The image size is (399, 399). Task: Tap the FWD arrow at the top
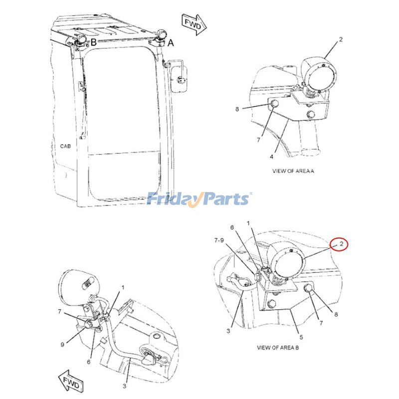[194, 24]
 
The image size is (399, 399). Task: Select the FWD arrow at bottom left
[71, 381]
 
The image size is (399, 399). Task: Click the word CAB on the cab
[65, 146]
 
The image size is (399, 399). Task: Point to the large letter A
[171, 43]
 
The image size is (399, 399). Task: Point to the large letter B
[94, 42]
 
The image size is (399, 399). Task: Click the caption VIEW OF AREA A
[293, 171]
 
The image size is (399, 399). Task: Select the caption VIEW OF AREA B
[278, 347]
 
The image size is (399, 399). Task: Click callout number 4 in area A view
[271, 157]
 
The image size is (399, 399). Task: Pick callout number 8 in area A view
[237, 109]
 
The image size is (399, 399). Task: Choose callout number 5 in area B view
[301, 337]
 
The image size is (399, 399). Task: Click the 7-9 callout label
[219, 240]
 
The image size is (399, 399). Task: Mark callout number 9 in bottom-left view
[62, 345]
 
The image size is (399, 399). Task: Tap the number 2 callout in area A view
[341, 39]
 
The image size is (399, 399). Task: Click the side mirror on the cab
[180, 79]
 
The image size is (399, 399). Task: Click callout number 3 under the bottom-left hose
[124, 386]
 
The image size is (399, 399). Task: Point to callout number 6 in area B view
[232, 227]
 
